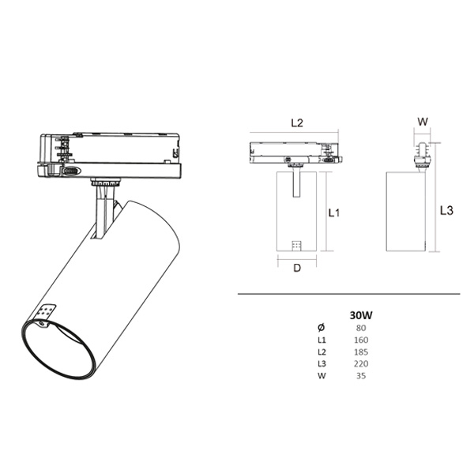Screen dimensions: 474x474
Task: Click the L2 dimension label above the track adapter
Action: pos(297,123)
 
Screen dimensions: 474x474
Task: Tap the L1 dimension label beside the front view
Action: pos(334,213)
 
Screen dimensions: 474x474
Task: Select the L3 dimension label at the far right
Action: pos(446,210)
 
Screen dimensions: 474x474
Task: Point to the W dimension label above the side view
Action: pos(423,122)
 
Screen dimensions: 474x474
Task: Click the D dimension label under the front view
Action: pos(297,268)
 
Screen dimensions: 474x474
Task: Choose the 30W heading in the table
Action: pos(361,315)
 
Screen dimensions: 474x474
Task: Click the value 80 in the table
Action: pos(361,328)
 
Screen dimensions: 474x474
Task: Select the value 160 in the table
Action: pos(361,340)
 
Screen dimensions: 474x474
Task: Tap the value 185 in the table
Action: pos(361,352)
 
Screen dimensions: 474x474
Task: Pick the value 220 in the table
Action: pos(361,363)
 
